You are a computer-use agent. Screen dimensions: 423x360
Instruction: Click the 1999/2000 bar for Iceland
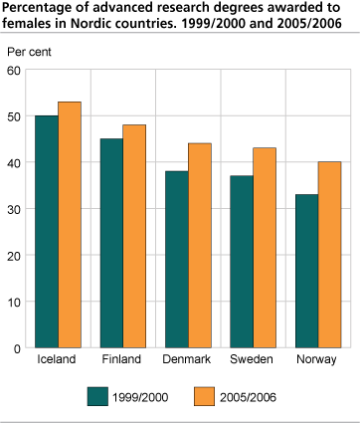click(47, 231)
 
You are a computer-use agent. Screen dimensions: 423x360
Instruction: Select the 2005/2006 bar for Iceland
click(70, 224)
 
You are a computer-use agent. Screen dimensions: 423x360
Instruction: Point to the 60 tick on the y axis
click(15, 70)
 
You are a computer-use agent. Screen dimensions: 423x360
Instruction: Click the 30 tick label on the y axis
click(15, 208)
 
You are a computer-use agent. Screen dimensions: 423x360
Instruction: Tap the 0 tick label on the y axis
click(18, 347)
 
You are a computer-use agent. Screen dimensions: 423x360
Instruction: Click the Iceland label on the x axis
click(57, 359)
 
